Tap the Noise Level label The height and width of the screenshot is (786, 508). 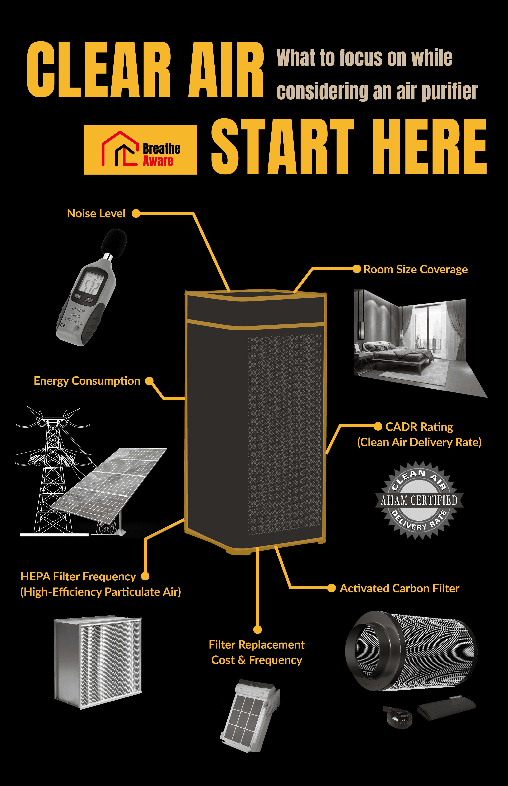coord(96,213)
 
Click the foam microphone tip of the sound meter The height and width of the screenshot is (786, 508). coord(114,242)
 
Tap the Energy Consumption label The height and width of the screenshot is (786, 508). coord(87,381)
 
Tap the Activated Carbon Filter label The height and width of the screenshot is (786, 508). coord(399,588)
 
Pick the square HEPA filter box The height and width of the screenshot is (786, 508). coord(98,662)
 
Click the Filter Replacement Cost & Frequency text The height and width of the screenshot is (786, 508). coord(257,652)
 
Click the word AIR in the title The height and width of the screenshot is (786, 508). coord(226,70)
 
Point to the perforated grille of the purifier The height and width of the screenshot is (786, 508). coord(284,433)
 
